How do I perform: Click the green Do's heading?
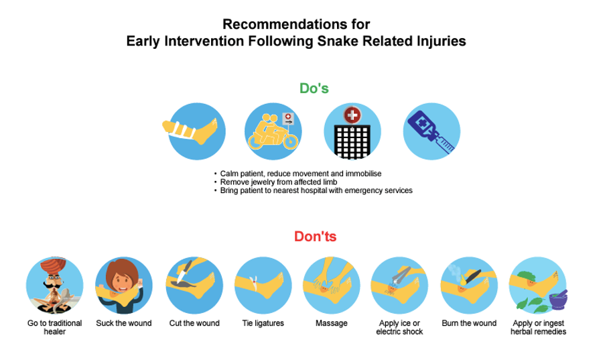click(x=314, y=88)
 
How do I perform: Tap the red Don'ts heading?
click(x=316, y=237)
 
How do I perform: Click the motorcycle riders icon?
click(x=273, y=131)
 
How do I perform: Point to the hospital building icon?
click(x=352, y=131)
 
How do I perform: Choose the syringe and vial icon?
click(x=431, y=131)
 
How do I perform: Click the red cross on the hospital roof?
click(x=352, y=115)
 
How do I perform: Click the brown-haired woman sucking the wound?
click(x=123, y=279)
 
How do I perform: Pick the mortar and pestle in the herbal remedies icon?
click(x=558, y=299)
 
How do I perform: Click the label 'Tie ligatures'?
click(x=263, y=323)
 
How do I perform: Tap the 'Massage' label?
click(x=332, y=323)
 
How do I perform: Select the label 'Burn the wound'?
click(x=469, y=323)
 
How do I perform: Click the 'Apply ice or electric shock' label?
click(x=399, y=327)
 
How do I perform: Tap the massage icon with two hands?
click(x=332, y=286)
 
